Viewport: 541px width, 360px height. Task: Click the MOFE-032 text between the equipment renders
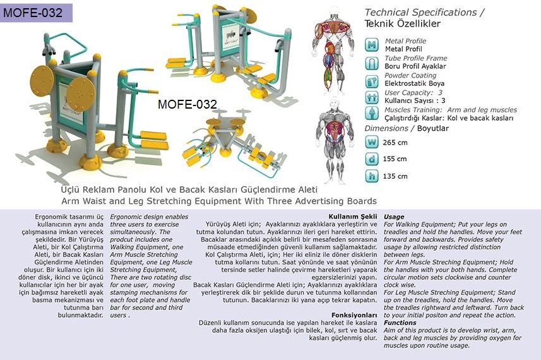(187, 104)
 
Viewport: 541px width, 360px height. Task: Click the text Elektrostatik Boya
(414, 83)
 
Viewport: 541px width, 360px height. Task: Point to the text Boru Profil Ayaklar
(415, 66)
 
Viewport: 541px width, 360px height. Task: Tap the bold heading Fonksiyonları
(354, 315)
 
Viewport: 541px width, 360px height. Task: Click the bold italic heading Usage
(394, 217)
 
